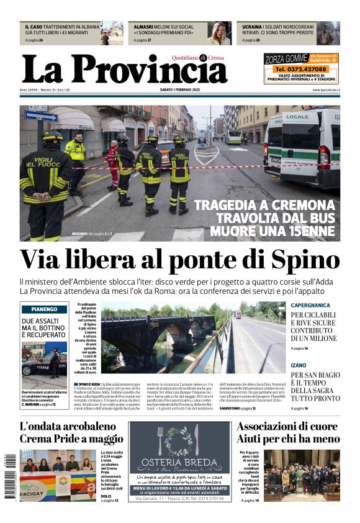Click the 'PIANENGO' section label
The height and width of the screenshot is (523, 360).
pyautogui.click(x=44, y=309)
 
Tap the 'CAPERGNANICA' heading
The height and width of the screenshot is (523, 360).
pyautogui.click(x=310, y=305)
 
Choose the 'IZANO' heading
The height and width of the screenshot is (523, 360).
pyautogui.click(x=299, y=365)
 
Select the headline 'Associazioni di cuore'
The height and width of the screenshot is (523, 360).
pyautogui.click(x=288, y=426)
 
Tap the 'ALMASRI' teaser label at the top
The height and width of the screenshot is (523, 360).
pyautogui.click(x=144, y=27)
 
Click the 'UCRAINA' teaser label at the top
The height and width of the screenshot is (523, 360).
pyautogui.click(x=252, y=27)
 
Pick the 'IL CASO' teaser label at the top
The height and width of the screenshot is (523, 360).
pyautogui.click(x=34, y=27)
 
